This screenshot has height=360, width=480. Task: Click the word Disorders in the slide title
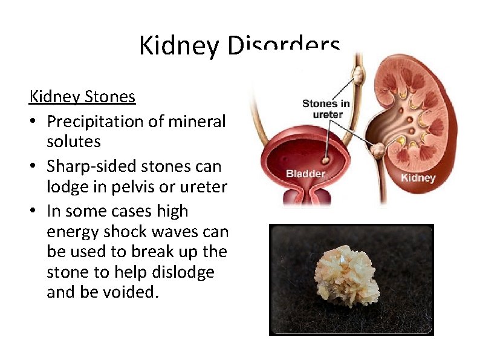pyautogui.click(x=284, y=46)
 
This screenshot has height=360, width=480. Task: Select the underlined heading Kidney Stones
pyautogui.click(x=82, y=97)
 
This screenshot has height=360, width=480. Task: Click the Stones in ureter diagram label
pyautogui.click(x=326, y=109)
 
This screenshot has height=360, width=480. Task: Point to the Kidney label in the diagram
pyautogui.click(x=418, y=178)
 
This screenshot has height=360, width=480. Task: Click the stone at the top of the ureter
pyautogui.click(x=358, y=75)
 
